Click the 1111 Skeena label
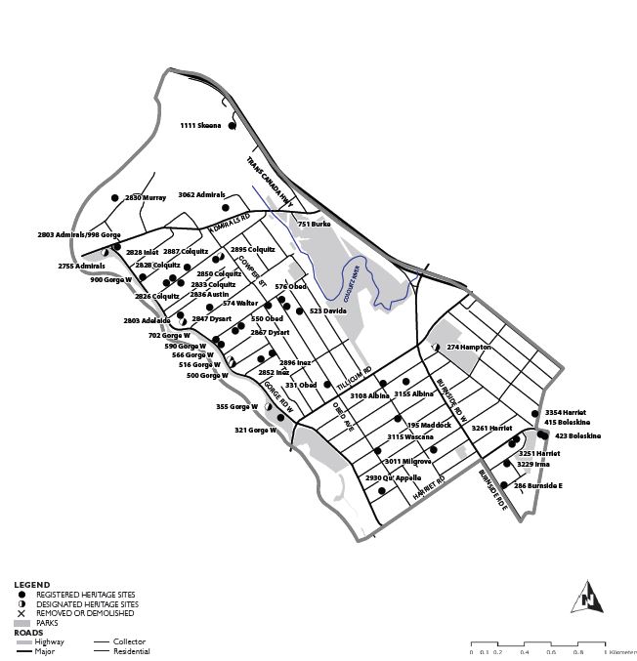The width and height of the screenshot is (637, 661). (200, 126)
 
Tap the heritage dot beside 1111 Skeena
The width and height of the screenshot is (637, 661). (232, 126)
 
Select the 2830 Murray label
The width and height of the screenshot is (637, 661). (145, 197)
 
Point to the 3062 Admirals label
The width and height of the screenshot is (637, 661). (201, 195)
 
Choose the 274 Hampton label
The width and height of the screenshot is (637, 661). (469, 347)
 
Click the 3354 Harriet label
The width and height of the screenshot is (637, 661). (566, 413)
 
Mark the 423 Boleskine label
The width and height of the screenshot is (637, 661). (577, 435)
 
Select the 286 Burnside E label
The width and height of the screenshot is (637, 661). (538, 485)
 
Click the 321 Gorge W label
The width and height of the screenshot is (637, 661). (256, 430)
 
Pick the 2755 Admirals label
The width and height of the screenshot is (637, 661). (80, 266)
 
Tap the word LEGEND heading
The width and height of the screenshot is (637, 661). (31, 585)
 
